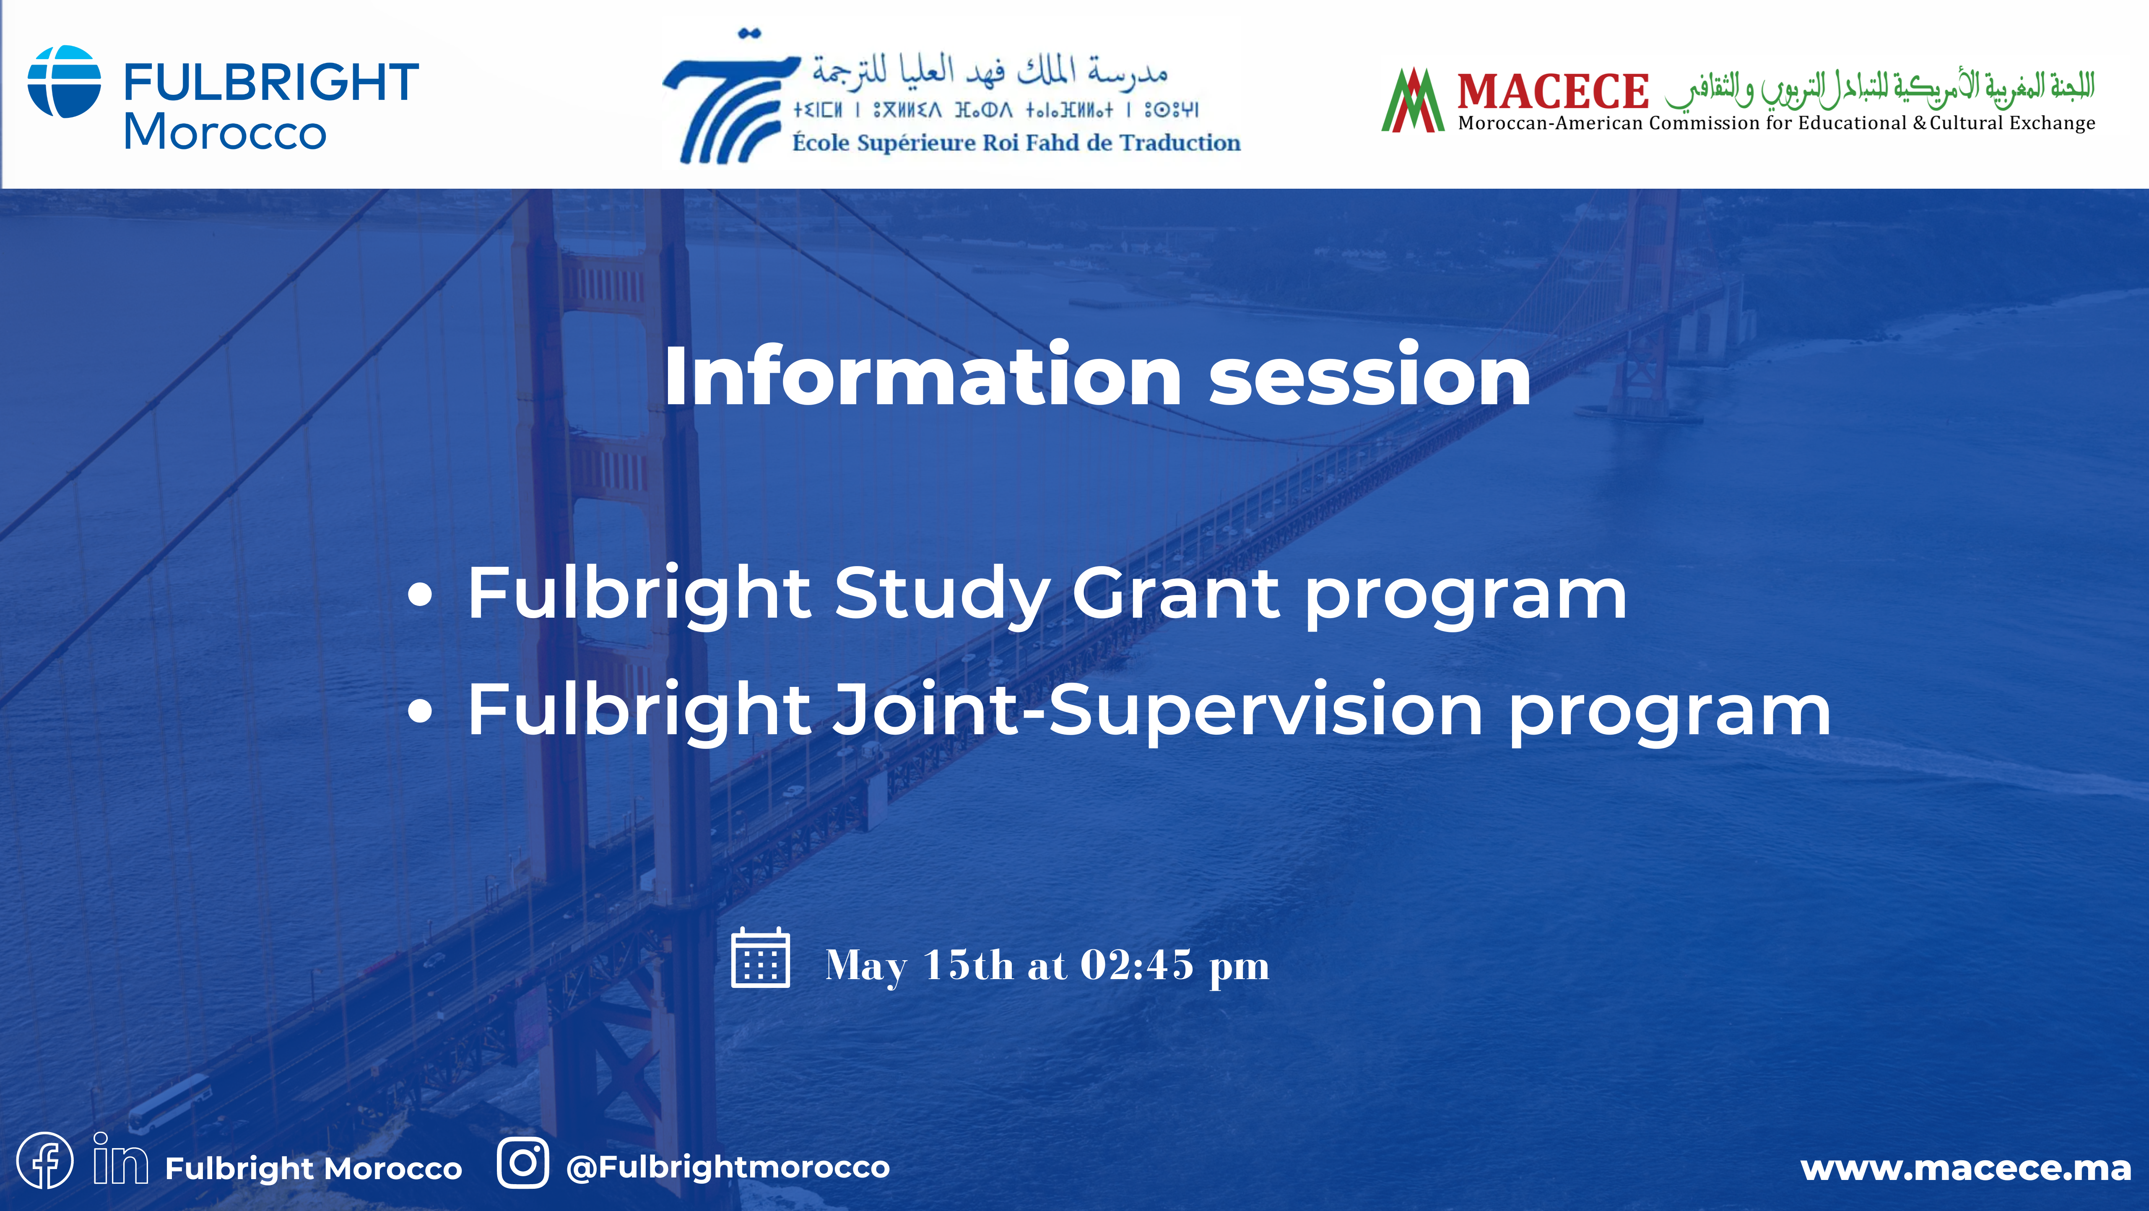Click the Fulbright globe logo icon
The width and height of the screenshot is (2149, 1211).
coord(64,82)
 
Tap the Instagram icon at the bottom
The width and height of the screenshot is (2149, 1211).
coord(523,1163)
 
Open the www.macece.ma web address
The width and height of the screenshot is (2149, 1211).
coord(1965,1168)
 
